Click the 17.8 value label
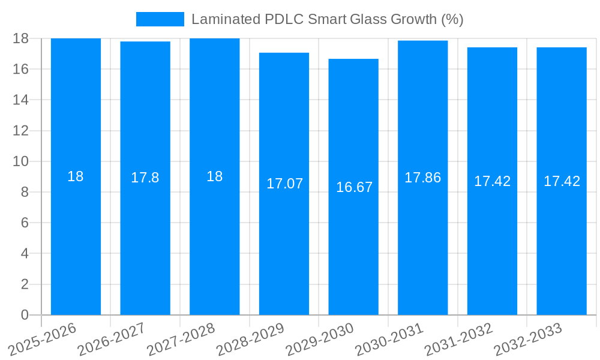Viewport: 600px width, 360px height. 145,178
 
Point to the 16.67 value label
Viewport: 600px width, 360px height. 354,187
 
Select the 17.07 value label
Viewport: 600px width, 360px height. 284,184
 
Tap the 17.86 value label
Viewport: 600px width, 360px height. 422,178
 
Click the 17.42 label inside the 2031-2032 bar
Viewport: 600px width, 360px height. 492,181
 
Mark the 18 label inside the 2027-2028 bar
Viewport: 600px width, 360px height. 214,176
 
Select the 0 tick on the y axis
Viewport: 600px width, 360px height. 25,315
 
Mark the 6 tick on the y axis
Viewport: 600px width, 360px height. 25,223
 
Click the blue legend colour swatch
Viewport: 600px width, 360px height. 160,19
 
